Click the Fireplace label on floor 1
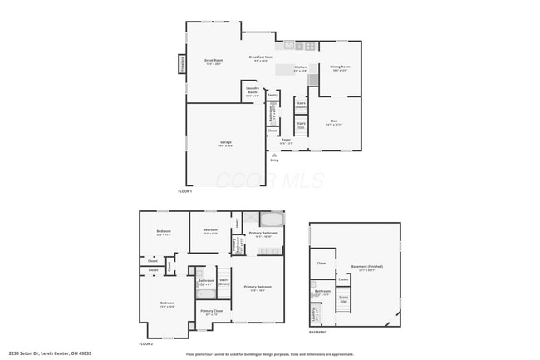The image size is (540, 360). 182,64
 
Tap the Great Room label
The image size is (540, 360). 214,61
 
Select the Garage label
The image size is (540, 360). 225,144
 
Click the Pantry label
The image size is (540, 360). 272,95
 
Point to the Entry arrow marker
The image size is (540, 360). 274,155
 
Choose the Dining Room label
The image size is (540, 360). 340,67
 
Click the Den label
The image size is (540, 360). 334,122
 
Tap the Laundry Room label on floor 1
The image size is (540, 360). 253,92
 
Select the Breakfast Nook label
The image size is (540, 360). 259,58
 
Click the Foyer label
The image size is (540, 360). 285,141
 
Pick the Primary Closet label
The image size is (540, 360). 211,312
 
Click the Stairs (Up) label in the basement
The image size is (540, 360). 343,298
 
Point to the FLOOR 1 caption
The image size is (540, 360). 184,191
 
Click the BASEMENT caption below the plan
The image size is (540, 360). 317,332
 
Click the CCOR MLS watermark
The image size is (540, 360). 250,180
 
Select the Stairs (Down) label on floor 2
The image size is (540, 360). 224,281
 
